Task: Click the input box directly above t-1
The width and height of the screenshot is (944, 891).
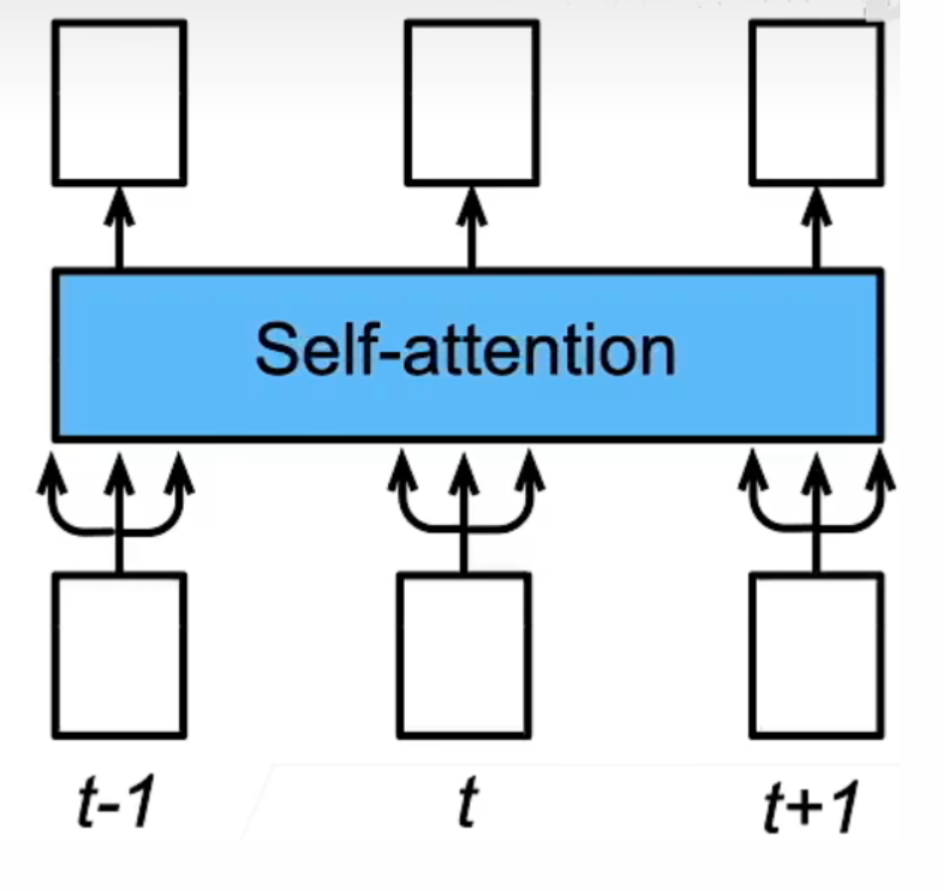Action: pos(119,655)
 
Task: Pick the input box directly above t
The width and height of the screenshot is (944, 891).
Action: pos(464,655)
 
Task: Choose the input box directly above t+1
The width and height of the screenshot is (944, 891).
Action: pos(817,655)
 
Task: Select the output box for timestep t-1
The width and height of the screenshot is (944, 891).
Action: pos(119,102)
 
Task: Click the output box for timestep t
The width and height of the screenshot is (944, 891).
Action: pos(472,102)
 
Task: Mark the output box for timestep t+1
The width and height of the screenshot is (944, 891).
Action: pos(817,102)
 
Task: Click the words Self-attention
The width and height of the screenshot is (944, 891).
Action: pos(466,350)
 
